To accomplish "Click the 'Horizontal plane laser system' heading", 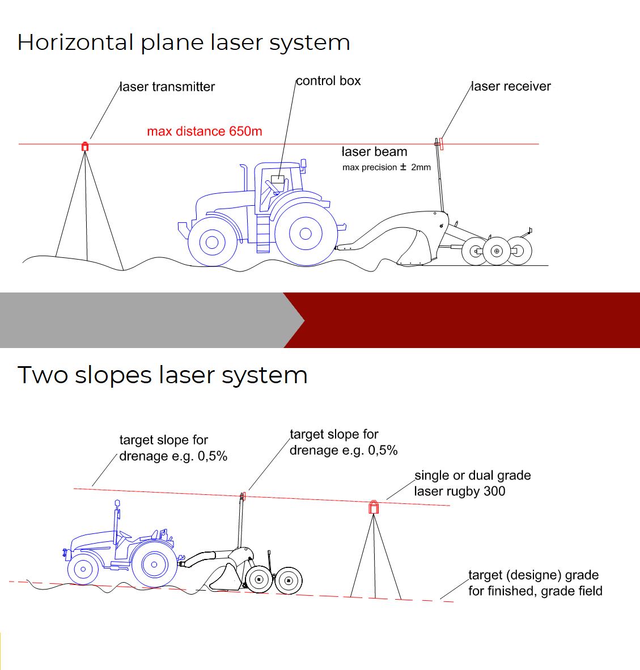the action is [184, 43].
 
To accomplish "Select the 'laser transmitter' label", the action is [167, 87].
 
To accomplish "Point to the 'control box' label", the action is [328, 80].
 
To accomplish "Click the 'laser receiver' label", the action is [511, 86].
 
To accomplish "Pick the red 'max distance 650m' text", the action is [205, 131].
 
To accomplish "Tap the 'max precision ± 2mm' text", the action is [386, 167].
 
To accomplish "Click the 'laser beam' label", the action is [374, 152].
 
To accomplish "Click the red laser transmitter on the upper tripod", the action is [85, 147].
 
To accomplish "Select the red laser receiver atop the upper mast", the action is [442, 143].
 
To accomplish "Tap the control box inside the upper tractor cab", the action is [278, 180].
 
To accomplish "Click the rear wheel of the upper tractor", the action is [306, 234].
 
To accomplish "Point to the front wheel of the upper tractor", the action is [213, 242].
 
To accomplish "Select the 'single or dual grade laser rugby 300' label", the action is [473, 484].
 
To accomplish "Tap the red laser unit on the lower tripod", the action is [374, 507].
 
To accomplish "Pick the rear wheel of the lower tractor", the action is [154, 564].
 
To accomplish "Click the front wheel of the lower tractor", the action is [83, 569].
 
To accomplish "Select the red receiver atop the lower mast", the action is [244, 496].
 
